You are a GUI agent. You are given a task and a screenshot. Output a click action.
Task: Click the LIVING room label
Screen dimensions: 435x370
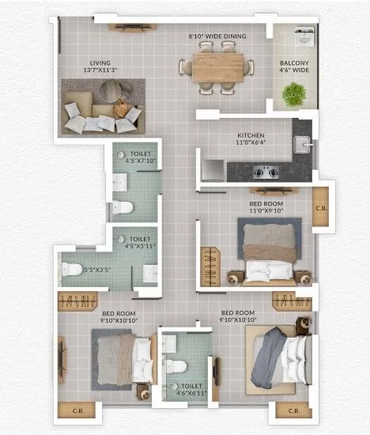click(x=100, y=62)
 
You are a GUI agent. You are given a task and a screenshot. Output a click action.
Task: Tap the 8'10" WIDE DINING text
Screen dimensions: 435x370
click(x=217, y=36)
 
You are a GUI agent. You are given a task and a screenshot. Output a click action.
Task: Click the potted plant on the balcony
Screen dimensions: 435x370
click(x=295, y=95)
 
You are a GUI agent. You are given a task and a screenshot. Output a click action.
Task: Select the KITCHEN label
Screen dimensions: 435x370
click(x=251, y=136)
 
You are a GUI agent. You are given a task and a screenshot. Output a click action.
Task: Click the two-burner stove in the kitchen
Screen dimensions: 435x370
click(x=263, y=170)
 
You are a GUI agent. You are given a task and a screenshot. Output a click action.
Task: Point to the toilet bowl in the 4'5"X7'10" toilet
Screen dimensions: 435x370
click(x=123, y=207)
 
